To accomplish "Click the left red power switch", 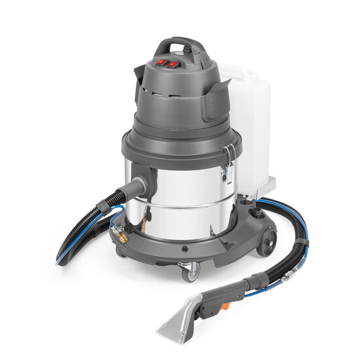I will click(161, 62).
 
